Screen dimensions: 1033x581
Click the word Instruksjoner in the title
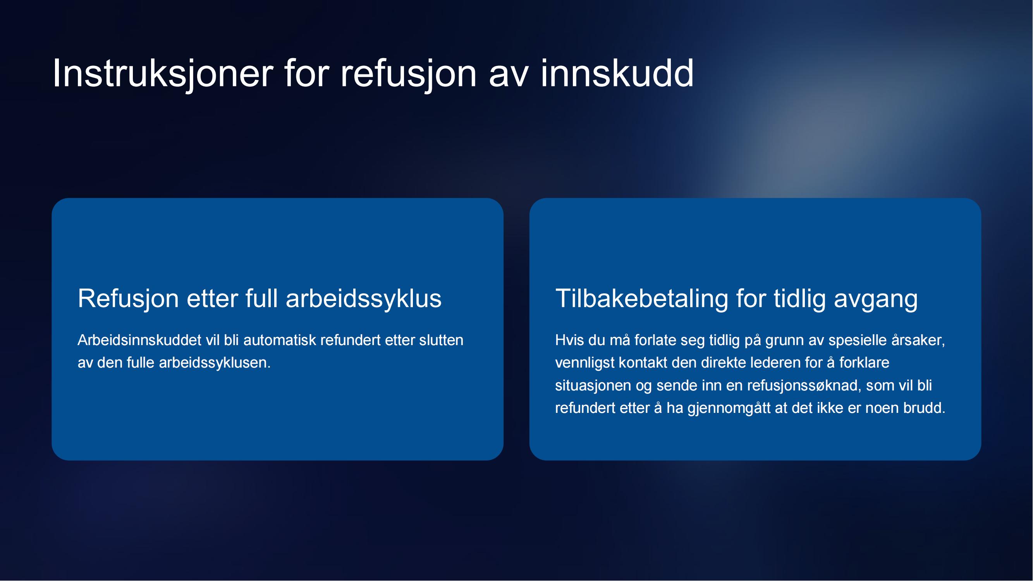click(x=163, y=73)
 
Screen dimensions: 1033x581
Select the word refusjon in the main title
click(x=409, y=73)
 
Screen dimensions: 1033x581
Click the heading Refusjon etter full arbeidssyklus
click(x=260, y=299)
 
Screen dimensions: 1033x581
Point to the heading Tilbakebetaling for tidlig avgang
click(x=736, y=299)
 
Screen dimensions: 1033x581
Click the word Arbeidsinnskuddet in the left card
click(x=139, y=340)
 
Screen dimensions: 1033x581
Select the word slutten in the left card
click(x=441, y=340)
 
